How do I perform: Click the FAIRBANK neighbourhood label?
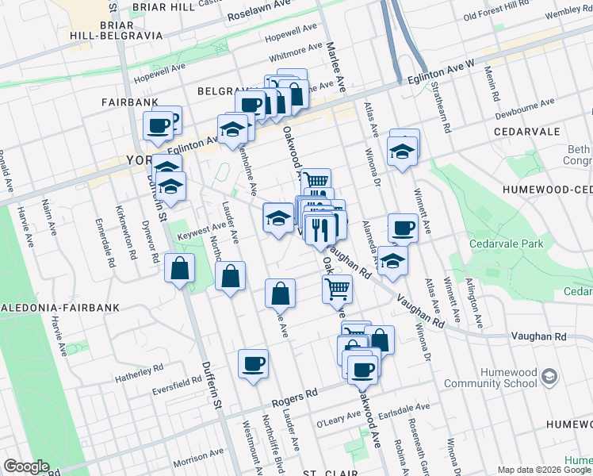click(x=130, y=102)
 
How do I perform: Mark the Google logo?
click(x=26, y=466)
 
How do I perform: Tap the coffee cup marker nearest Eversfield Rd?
click(x=253, y=364)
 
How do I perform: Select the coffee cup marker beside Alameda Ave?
click(x=403, y=228)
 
